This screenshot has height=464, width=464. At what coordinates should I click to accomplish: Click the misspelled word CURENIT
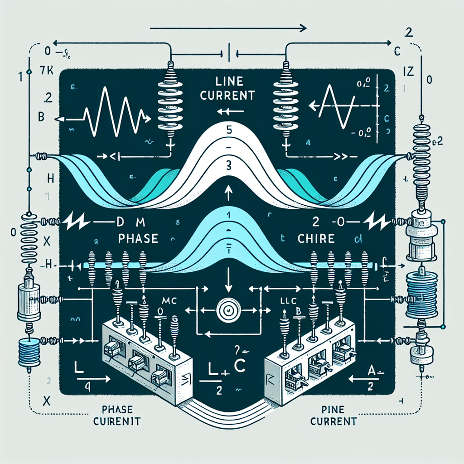pyautogui.click(x=117, y=421)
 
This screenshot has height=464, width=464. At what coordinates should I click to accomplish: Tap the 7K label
pyautogui.click(x=47, y=71)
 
